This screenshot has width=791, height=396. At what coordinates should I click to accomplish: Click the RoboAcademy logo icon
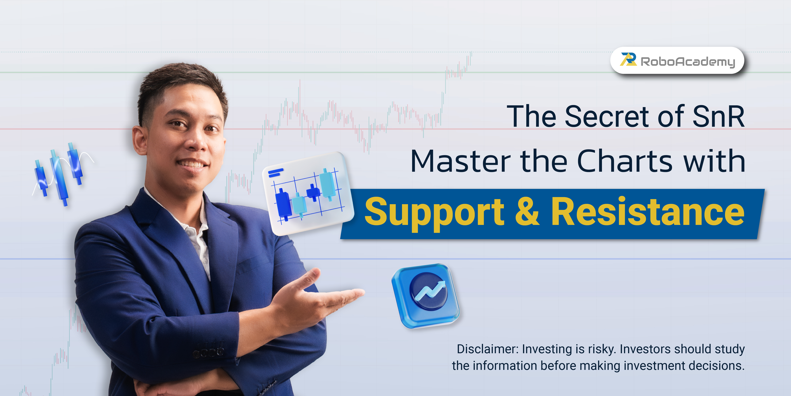click(628, 59)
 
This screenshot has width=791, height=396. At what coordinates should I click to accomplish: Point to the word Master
click(461, 161)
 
